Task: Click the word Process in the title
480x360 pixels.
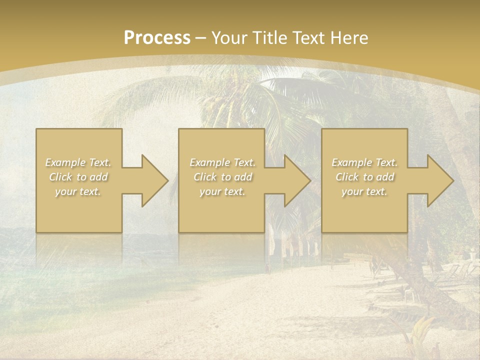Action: (x=157, y=38)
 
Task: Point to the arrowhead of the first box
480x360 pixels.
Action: (x=152, y=180)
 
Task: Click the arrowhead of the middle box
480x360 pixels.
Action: (x=295, y=180)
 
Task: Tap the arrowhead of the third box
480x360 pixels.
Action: (x=438, y=180)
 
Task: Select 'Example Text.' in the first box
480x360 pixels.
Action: (x=78, y=162)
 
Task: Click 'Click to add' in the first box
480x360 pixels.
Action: (x=78, y=177)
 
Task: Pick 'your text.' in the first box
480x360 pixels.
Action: (x=78, y=191)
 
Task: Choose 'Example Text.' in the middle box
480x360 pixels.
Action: (x=222, y=162)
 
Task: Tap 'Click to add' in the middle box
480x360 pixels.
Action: (x=222, y=177)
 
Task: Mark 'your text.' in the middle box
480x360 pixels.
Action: (x=222, y=191)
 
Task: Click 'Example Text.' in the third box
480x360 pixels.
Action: (x=364, y=162)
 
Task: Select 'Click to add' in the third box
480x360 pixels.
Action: (x=364, y=177)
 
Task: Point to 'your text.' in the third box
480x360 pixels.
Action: (x=364, y=191)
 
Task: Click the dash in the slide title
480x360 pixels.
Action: (x=201, y=38)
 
